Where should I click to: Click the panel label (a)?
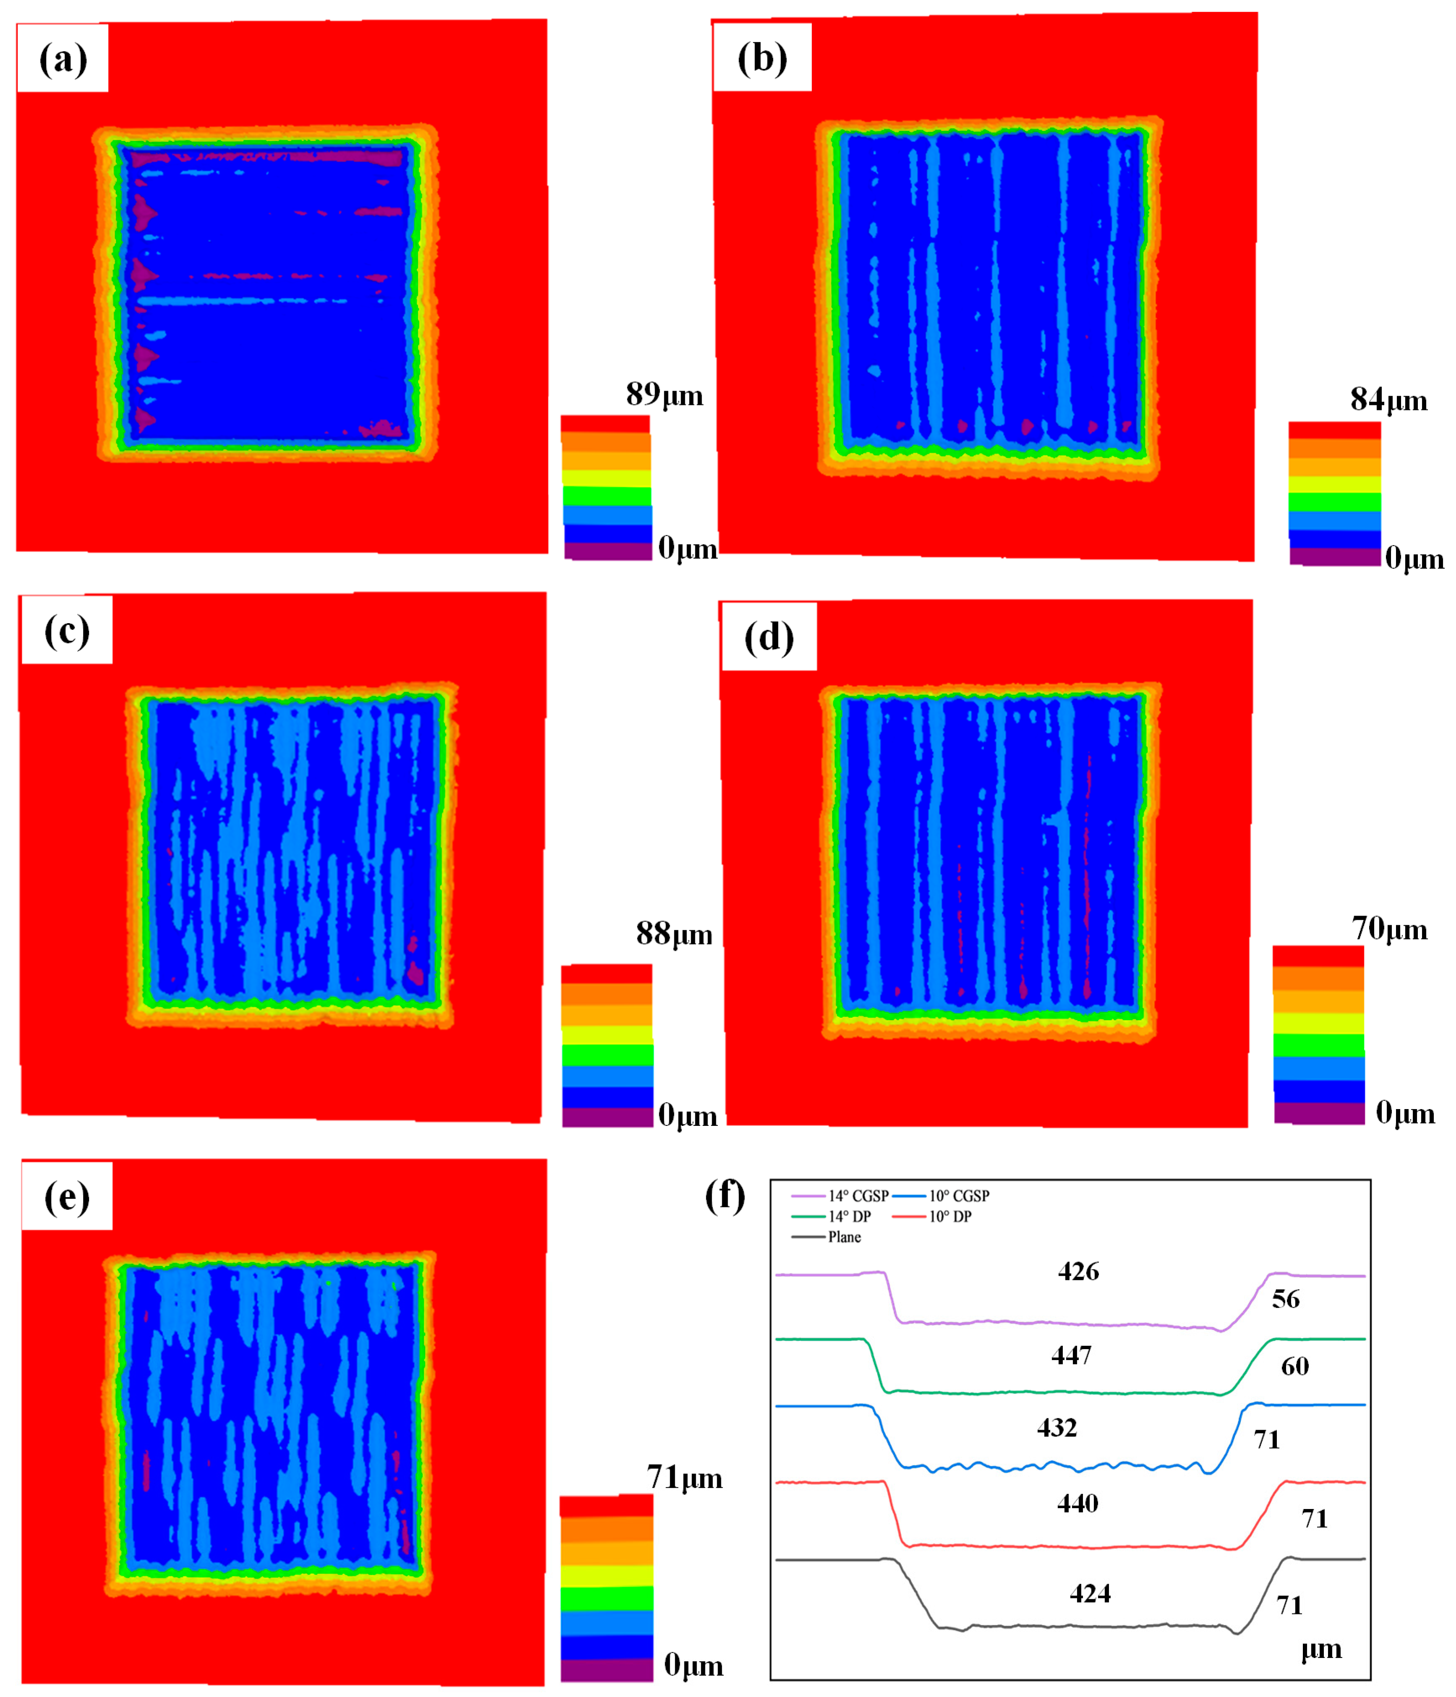coord(63,59)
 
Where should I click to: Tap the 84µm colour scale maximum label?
coord(1389,399)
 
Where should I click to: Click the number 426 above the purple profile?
coord(1078,1271)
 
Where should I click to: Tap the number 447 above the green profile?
coord(1071,1355)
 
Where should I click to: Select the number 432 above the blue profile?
coord(1057,1428)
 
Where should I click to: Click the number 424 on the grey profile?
coord(1090,1593)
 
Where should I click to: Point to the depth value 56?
coord(1285,1298)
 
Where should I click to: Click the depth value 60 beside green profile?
coord(1295,1365)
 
